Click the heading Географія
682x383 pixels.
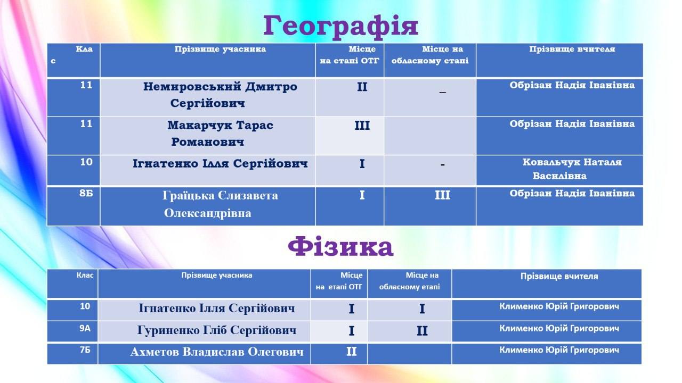(x=340, y=27)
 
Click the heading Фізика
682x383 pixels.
(x=340, y=247)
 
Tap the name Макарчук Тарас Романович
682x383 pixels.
(x=220, y=134)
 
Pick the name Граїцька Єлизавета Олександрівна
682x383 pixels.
(x=220, y=204)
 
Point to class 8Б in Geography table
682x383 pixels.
(x=86, y=193)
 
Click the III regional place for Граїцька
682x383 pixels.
(x=442, y=195)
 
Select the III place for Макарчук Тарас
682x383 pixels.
(x=362, y=126)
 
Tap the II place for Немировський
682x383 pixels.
(x=362, y=87)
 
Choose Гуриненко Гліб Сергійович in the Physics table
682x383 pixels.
(x=216, y=330)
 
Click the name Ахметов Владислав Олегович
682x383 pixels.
(x=217, y=352)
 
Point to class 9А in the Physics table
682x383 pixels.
(x=85, y=328)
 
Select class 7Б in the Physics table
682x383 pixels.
(x=85, y=350)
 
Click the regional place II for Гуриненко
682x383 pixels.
(x=422, y=331)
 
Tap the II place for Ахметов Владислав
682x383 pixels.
(x=351, y=352)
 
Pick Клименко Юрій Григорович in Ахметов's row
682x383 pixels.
(x=559, y=350)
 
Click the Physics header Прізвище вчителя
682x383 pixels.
(x=559, y=276)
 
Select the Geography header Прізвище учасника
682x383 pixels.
(x=220, y=49)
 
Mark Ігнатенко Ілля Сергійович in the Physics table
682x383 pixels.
(x=217, y=308)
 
